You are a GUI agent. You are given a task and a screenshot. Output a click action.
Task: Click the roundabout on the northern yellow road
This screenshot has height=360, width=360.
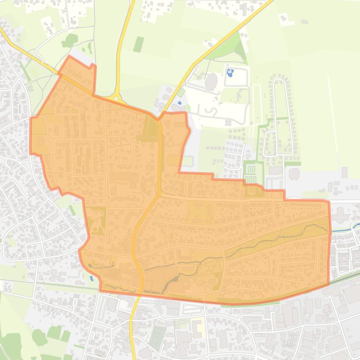tap(116, 98)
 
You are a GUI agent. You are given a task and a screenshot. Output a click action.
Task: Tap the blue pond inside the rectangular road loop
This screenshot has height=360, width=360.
tap(230, 73)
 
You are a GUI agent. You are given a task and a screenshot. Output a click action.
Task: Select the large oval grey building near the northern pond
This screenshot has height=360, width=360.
tap(212, 81)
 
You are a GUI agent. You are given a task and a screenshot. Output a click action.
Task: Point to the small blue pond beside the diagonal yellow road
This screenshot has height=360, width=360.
tap(180, 102)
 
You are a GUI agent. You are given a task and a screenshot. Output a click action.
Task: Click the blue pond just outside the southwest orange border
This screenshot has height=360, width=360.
tap(92, 278)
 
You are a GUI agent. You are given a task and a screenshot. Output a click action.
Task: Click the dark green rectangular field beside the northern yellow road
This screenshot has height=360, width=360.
tap(138, 44)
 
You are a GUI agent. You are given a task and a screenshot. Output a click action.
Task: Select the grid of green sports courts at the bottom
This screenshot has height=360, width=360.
tap(158, 336)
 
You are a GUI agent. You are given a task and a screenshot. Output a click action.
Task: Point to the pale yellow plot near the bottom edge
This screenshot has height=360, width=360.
tap(198, 328)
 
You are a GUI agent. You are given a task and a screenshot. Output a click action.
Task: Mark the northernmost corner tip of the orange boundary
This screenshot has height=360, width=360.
tap(69, 57)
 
